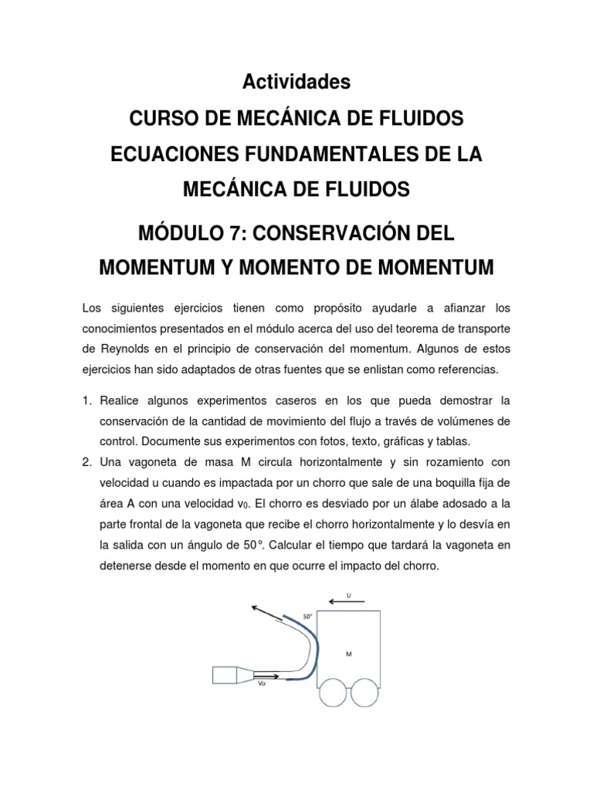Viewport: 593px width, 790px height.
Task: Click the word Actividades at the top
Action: pyautogui.click(x=296, y=81)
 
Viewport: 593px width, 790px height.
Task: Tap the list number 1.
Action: pyautogui.click(x=86, y=401)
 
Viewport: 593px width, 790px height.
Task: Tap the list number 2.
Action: pyautogui.click(x=86, y=461)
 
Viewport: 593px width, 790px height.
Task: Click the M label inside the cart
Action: pyautogui.click(x=349, y=653)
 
